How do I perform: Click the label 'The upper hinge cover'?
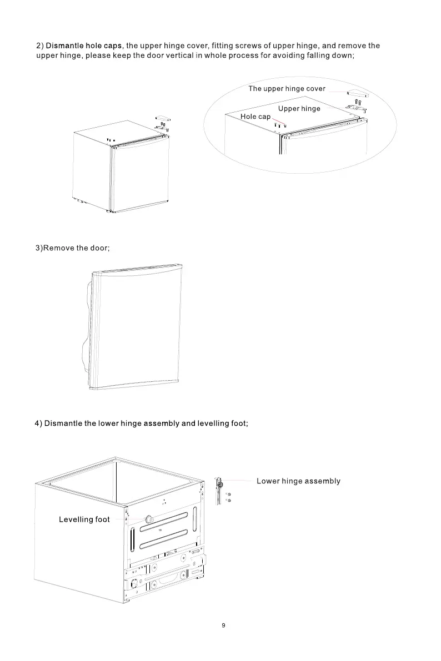[x=287, y=89]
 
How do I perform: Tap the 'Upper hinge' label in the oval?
[x=299, y=109]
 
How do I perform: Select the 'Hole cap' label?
[x=255, y=117]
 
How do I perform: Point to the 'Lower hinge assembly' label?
[x=298, y=481]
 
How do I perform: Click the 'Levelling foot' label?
[x=84, y=519]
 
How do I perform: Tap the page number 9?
[x=223, y=625]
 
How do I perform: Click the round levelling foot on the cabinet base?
[x=148, y=519]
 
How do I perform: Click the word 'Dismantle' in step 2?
[x=63, y=46]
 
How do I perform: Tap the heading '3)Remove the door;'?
[x=73, y=248]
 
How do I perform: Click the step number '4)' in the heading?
[x=38, y=423]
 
